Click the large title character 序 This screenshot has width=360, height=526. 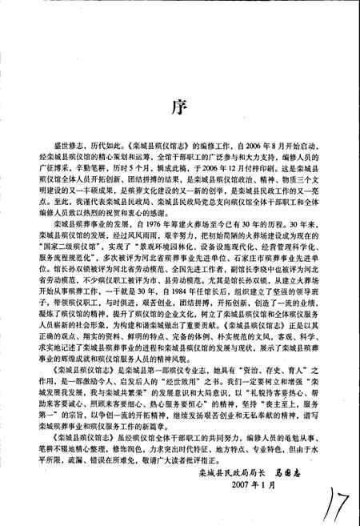pos(181,107)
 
